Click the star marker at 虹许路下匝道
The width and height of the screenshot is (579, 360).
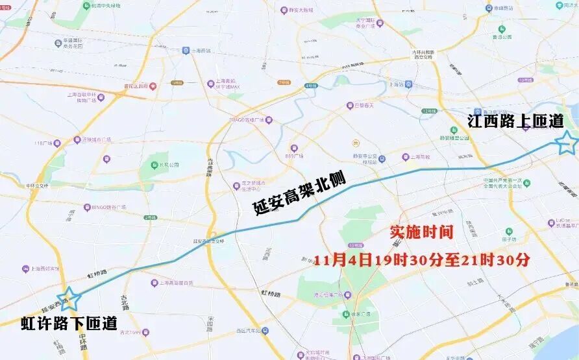click(x=68, y=298)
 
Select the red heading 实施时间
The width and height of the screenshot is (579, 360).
click(x=421, y=232)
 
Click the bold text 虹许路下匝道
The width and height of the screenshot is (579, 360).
click(x=69, y=323)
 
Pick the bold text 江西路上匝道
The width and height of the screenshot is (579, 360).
click(x=515, y=121)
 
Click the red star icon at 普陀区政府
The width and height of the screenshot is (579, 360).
click(x=153, y=85)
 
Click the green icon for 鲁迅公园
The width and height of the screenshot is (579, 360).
click(x=501, y=29)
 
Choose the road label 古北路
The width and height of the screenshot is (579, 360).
click(x=124, y=303)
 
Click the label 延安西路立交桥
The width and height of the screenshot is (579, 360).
click(x=208, y=241)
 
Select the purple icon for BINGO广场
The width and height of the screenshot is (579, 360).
click(x=85, y=208)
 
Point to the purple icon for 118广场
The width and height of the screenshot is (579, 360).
click(x=56, y=143)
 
